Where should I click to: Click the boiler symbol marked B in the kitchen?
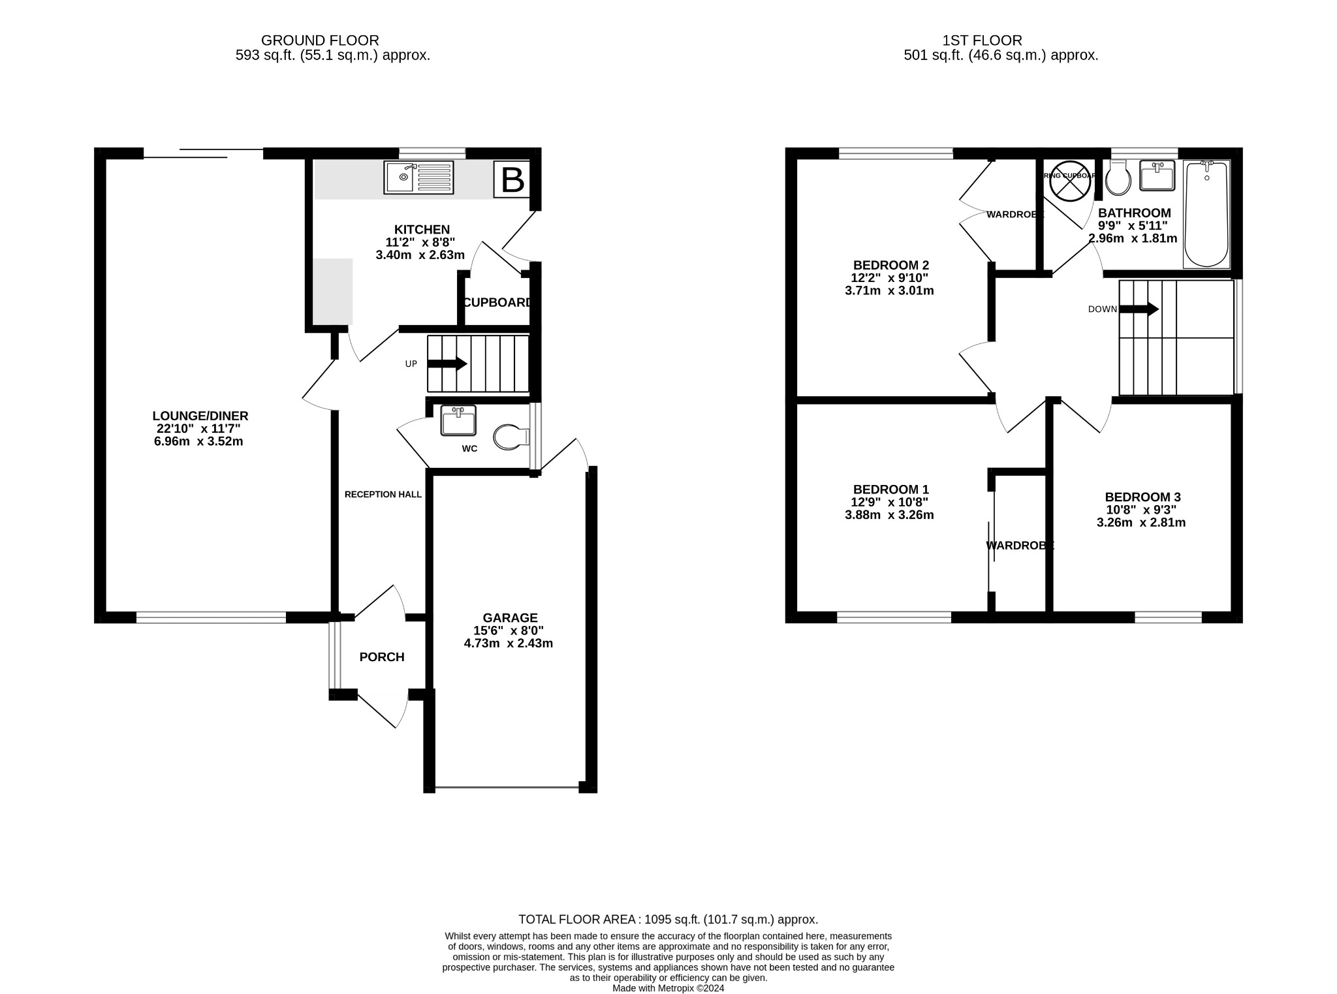[x=512, y=179]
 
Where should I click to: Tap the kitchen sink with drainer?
[x=418, y=178]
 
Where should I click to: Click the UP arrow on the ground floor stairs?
[x=447, y=364]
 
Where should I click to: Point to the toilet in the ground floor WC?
[x=511, y=437]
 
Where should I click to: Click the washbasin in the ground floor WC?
[x=458, y=420]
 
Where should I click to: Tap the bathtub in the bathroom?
[x=1206, y=214]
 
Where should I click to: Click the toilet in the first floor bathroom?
[x=1118, y=179]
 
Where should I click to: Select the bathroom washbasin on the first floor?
[x=1157, y=176]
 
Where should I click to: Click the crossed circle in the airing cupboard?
[x=1070, y=181]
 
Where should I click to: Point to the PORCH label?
[x=382, y=657]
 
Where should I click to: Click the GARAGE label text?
[x=510, y=617]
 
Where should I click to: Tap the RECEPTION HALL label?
[x=383, y=495]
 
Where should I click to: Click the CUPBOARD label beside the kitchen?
[x=497, y=303]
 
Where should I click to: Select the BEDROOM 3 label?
[x=1142, y=497]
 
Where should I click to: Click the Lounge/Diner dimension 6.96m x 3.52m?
[x=198, y=441]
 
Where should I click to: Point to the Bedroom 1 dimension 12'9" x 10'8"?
[x=889, y=502]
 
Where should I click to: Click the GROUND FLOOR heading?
[x=320, y=40]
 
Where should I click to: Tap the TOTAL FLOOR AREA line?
[x=668, y=920]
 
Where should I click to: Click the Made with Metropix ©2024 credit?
[x=668, y=988]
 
